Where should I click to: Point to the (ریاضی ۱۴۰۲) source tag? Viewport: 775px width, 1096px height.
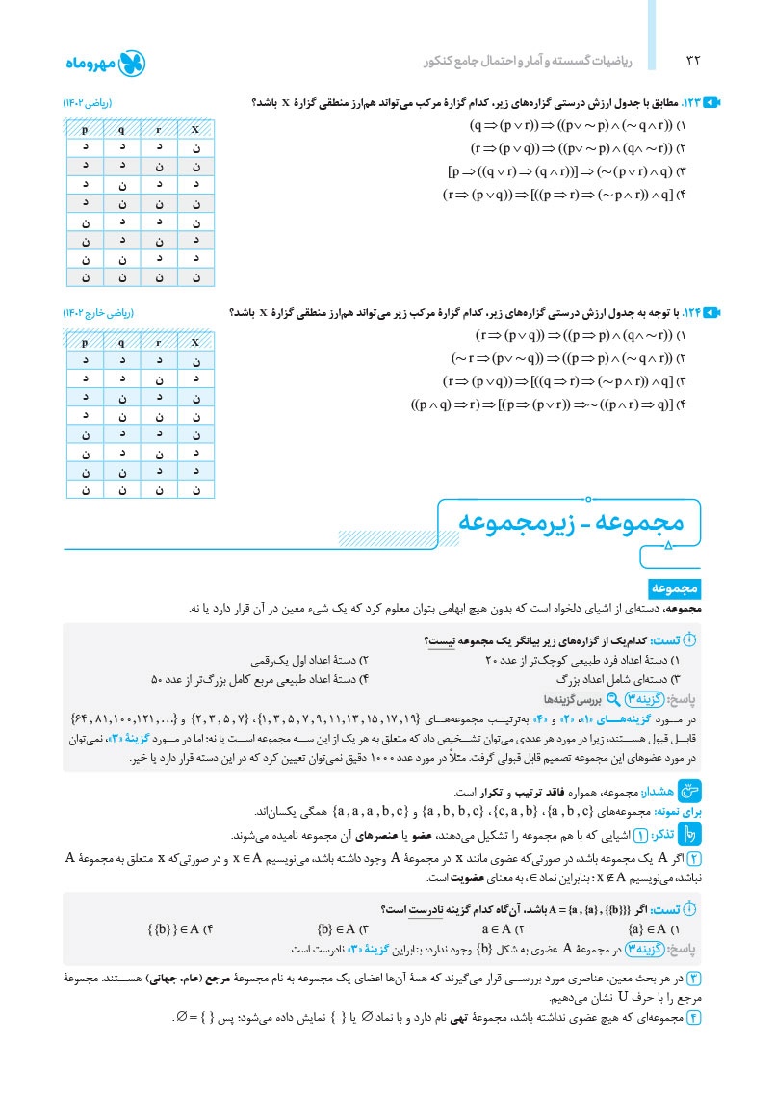coord(92,103)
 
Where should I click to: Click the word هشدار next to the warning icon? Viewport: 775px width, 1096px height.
coord(665,791)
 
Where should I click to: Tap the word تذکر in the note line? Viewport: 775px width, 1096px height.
coord(663,835)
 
